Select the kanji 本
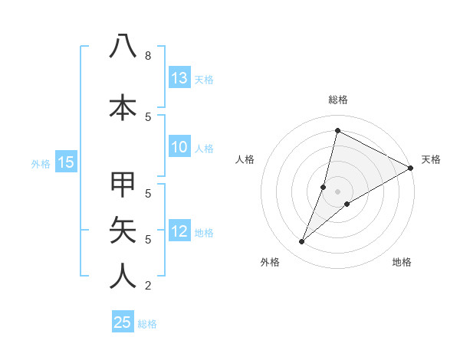pyautogui.click(x=123, y=107)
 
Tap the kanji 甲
pyautogui.click(x=123, y=185)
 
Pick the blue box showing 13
pyautogui.click(x=179, y=78)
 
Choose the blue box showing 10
pyautogui.click(x=179, y=148)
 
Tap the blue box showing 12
pyautogui.click(x=179, y=232)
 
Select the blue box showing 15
pyautogui.click(x=66, y=162)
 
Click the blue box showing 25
pyautogui.click(x=123, y=322)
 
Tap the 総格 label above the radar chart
pyautogui.click(x=337, y=100)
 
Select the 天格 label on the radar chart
pyautogui.click(x=431, y=159)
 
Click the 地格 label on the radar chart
pyautogui.click(x=402, y=262)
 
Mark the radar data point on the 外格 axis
pyautogui.click(x=302, y=242)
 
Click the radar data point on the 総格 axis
pyautogui.click(x=337, y=130)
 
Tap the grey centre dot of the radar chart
pyautogui.click(x=337, y=191)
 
